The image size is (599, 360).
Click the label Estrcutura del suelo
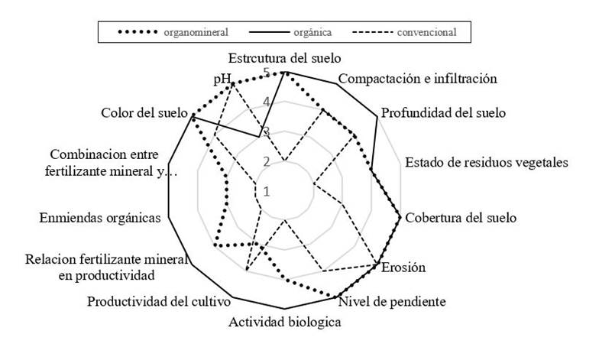point(284,58)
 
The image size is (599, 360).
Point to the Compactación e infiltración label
point(418,79)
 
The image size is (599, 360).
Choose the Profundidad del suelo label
point(443,114)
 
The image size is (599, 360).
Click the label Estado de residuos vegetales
point(487,163)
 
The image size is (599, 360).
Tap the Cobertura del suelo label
point(460,218)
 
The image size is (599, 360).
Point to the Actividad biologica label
point(284,323)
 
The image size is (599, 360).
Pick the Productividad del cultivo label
point(159,300)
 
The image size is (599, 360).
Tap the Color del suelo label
point(144,114)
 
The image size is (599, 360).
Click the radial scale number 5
point(266,73)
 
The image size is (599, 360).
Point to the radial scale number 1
point(267,191)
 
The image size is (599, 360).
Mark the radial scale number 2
point(267,161)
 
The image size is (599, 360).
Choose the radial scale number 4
point(266,102)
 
